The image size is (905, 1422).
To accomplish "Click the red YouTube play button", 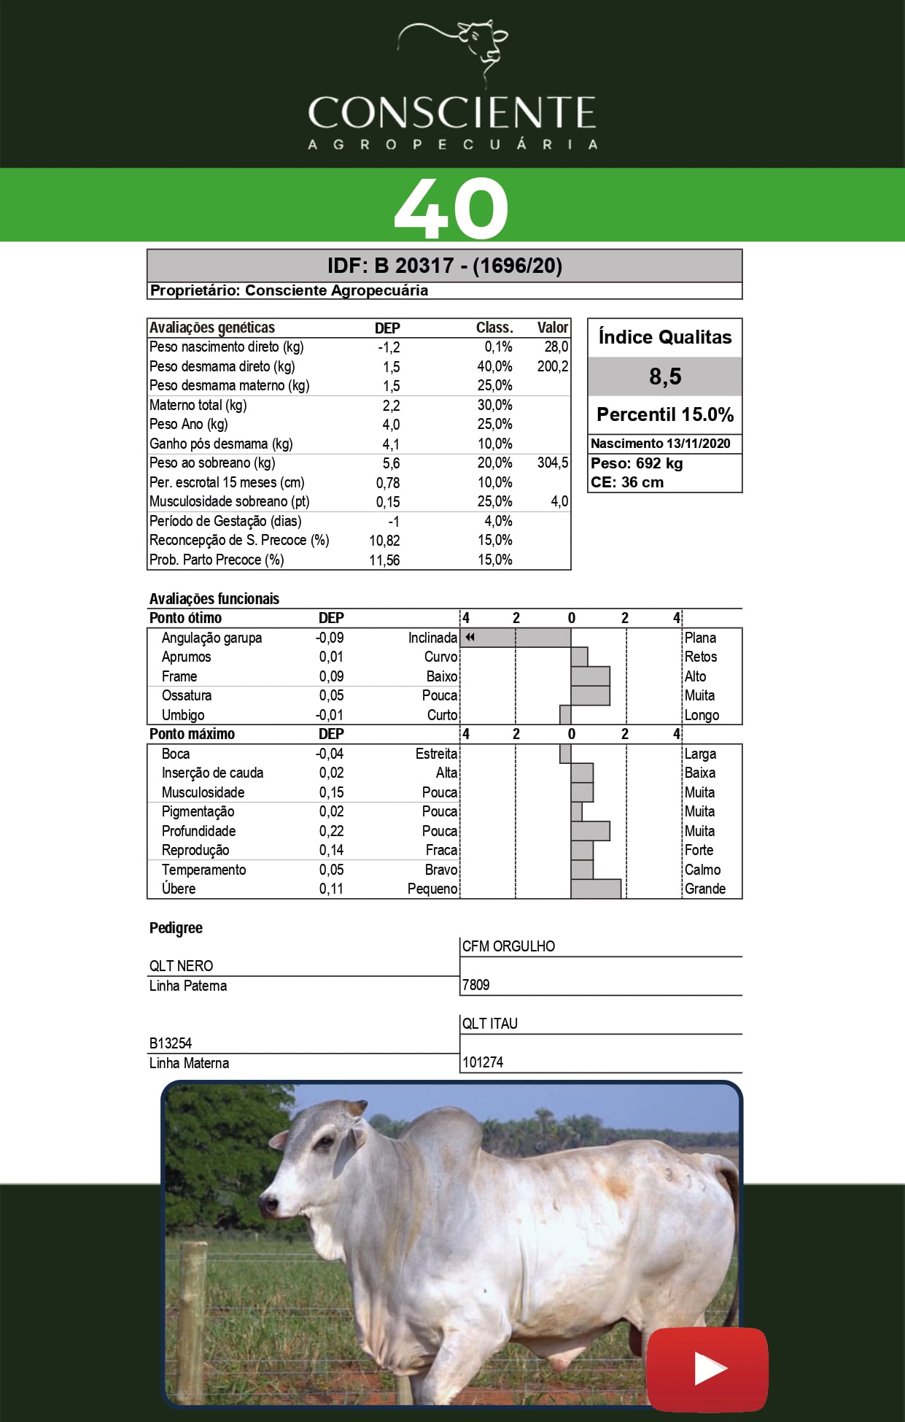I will (x=707, y=1369).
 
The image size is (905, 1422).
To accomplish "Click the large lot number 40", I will (x=451, y=209).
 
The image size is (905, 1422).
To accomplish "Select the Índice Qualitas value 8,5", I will (x=665, y=376).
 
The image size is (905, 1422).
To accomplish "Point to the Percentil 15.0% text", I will (x=665, y=414).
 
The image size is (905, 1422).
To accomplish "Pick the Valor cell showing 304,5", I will (x=553, y=463).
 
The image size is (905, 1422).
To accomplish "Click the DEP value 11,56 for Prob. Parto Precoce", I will (x=384, y=560).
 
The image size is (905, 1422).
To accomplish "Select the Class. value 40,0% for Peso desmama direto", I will (x=494, y=366).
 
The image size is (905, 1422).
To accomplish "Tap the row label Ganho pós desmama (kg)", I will (x=221, y=444).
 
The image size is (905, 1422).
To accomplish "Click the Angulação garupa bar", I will (x=516, y=638).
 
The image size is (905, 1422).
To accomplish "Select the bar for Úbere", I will (x=596, y=889).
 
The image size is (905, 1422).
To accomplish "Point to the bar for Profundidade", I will (x=590, y=831).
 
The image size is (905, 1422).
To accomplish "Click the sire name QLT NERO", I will (x=182, y=966).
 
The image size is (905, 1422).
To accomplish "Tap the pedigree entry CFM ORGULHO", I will (x=508, y=946).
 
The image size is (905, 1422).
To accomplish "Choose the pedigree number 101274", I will (x=483, y=1062).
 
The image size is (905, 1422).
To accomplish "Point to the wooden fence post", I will (x=193, y=1321).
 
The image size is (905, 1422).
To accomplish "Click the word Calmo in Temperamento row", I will (x=702, y=870).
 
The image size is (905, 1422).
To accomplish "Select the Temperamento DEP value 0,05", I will (x=331, y=870).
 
